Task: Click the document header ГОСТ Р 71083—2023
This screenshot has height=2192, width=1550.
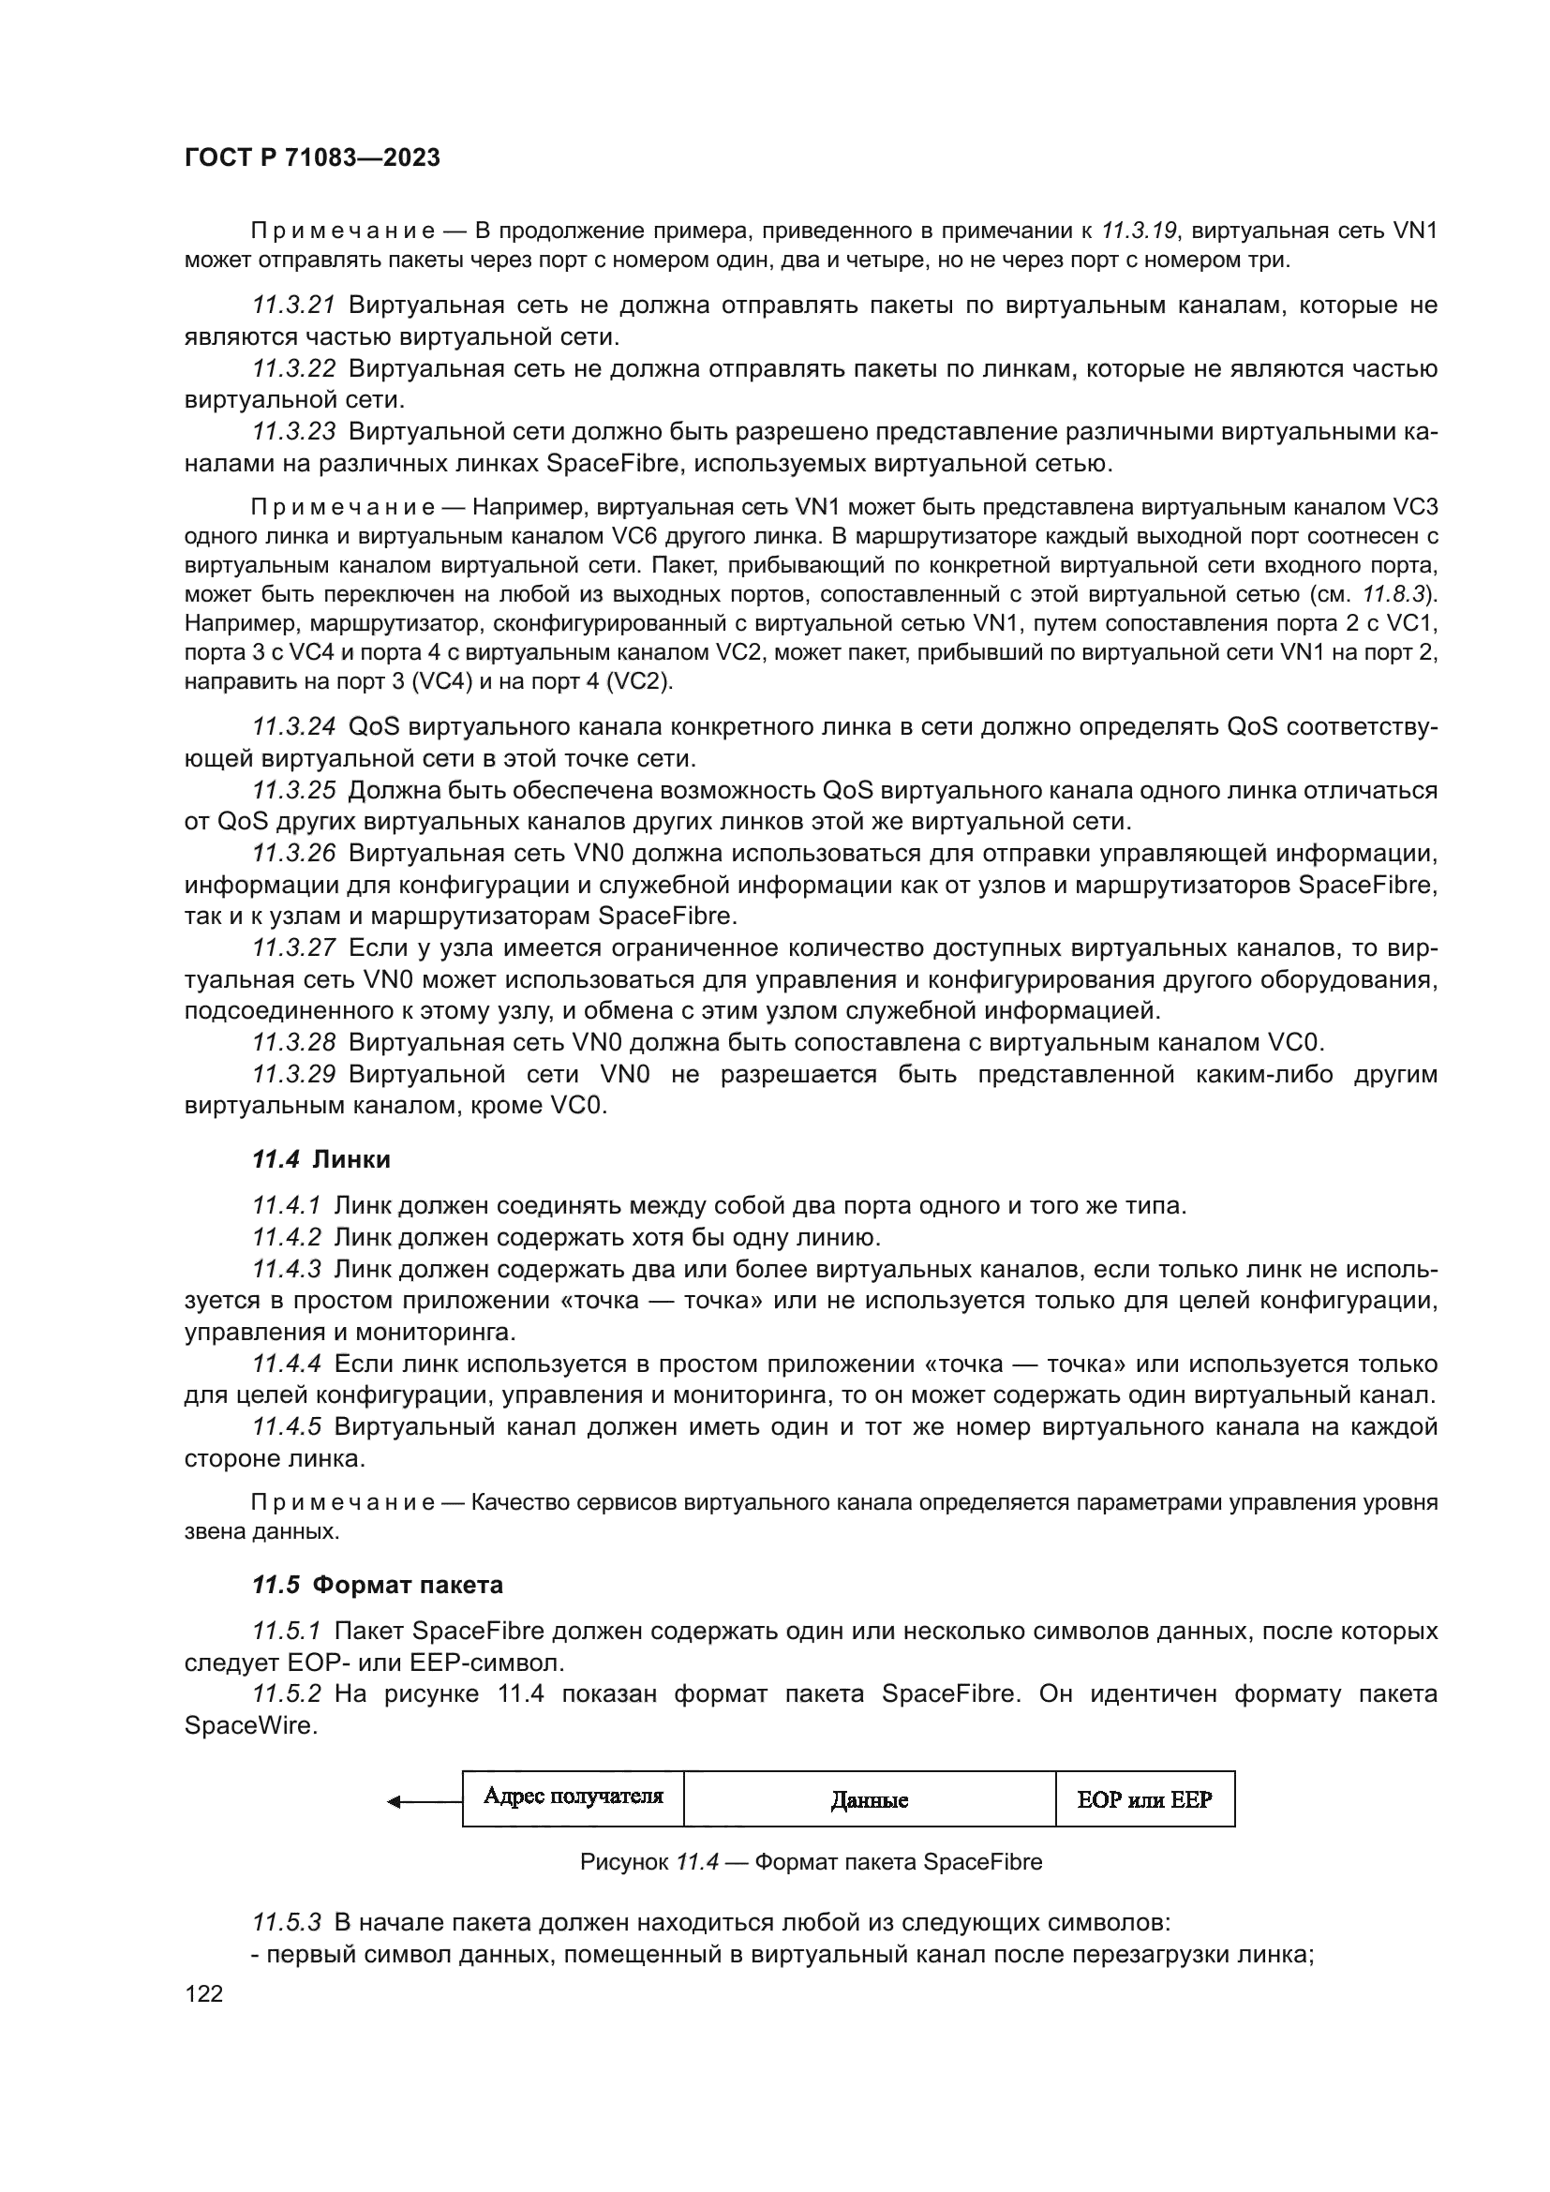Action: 312,157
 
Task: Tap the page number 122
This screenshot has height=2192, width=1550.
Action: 203,1993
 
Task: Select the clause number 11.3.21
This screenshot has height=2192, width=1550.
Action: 293,306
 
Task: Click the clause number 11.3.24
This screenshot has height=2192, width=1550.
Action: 293,727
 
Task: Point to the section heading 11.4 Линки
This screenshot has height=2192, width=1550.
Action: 320,1159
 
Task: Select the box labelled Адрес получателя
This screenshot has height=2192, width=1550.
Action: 573,1797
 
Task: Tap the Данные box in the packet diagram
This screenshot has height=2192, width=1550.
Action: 869,1800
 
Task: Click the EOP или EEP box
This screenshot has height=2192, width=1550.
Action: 1144,1800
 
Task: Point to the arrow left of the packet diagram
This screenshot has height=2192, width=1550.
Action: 424,1801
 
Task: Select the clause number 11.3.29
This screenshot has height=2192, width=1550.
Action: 293,1074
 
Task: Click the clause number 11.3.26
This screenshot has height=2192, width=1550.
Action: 293,854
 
